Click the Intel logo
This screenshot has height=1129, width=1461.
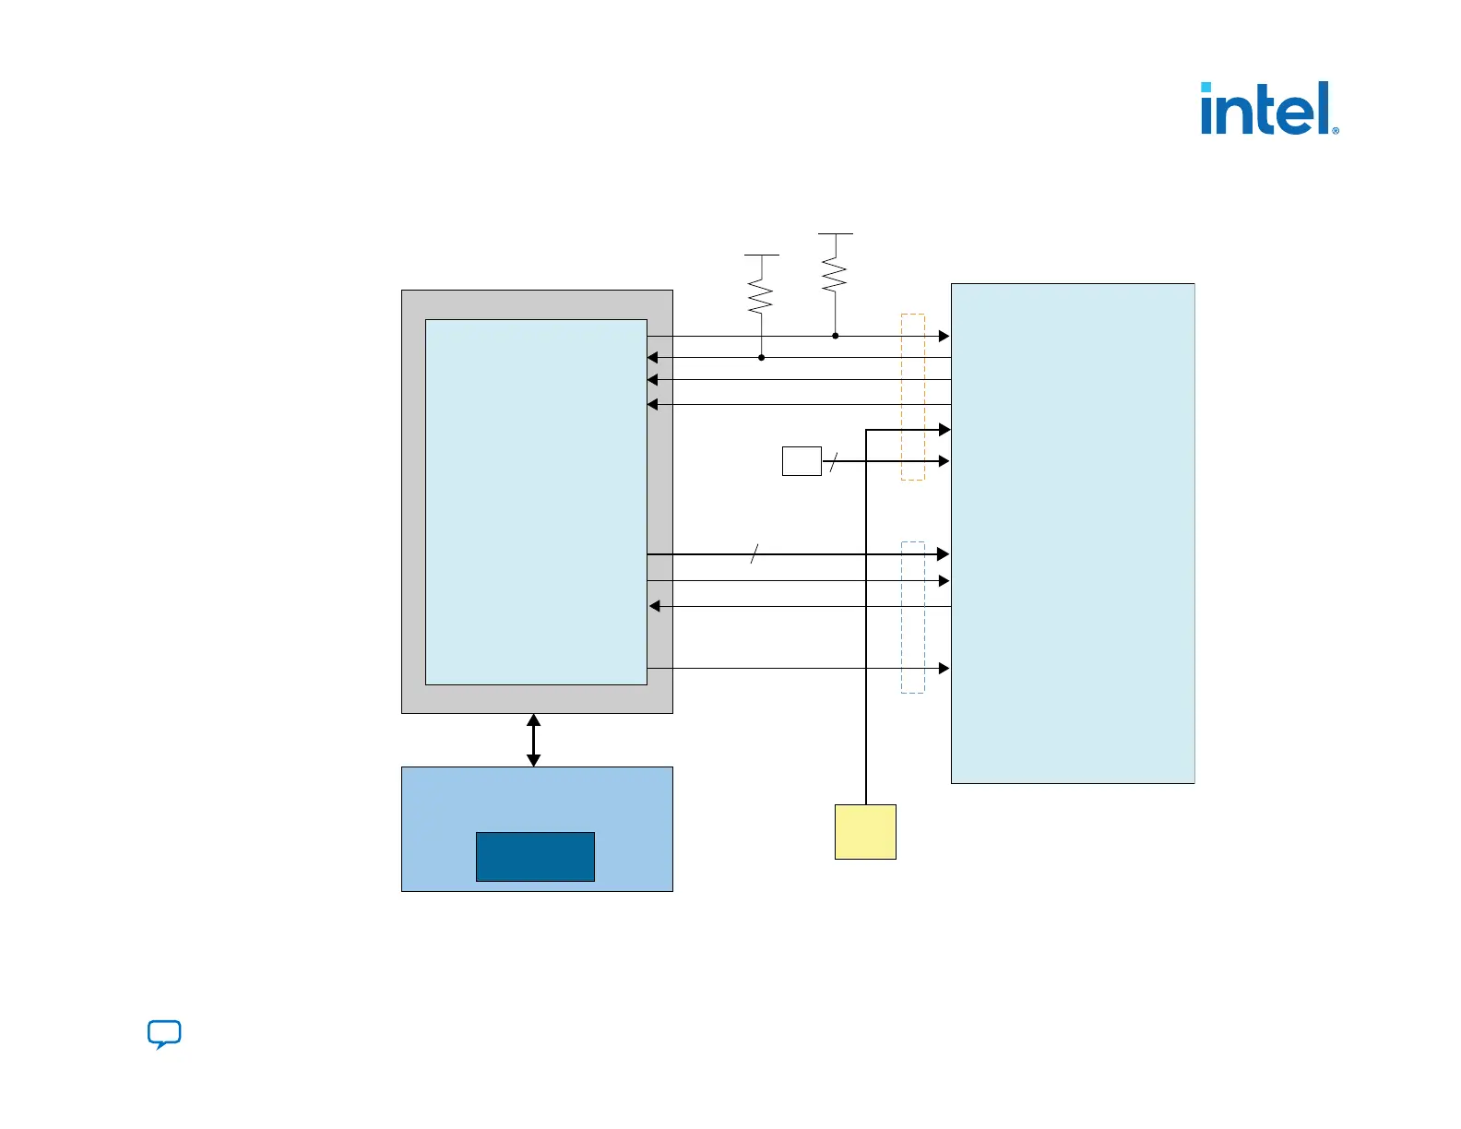[1268, 109]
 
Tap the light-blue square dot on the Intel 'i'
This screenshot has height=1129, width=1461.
[1206, 88]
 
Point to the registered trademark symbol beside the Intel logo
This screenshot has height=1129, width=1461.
[1336, 131]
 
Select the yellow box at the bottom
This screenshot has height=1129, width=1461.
[865, 831]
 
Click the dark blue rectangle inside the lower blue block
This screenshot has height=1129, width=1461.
[535, 856]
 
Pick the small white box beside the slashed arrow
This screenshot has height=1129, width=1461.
[802, 461]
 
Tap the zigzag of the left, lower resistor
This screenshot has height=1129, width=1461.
[761, 297]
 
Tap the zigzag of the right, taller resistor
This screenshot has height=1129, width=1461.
[835, 275]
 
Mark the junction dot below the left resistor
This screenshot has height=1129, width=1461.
[761, 357]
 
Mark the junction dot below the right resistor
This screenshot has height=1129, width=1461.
[835, 336]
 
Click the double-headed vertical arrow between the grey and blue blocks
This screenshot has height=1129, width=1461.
[533, 740]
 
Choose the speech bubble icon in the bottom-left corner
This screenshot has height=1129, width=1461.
[164, 1034]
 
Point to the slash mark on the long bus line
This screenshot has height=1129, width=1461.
[754, 554]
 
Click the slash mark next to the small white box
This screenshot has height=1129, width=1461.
[833, 461]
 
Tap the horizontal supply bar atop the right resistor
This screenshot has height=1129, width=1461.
[835, 234]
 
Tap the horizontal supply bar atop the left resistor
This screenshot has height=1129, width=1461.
[761, 255]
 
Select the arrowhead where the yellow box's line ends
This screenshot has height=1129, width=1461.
[944, 430]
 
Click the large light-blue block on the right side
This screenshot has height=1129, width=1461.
[1073, 533]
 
